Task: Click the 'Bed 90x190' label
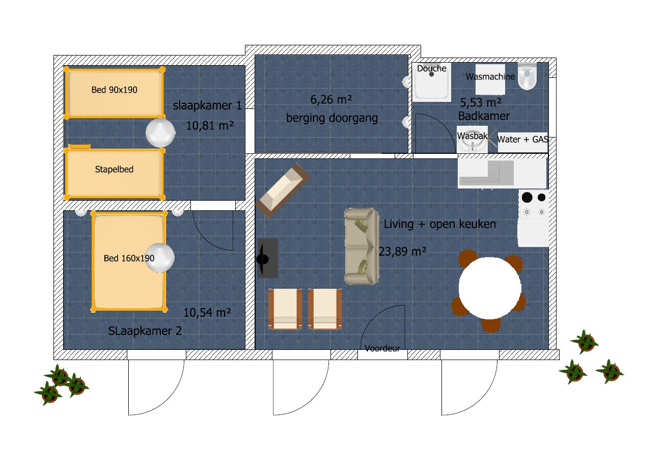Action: click(114, 90)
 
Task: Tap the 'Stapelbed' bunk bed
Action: click(114, 174)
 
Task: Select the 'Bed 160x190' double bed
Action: click(129, 262)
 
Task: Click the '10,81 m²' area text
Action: click(210, 126)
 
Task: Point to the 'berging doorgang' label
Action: click(332, 118)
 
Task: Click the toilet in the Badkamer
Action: click(527, 76)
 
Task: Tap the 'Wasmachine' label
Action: click(490, 76)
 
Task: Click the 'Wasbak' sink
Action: click(473, 140)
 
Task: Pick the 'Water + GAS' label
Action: click(522, 140)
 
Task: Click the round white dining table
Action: click(490, 288)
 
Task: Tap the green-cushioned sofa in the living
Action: click(362, 246)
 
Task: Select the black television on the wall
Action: click(267, 258)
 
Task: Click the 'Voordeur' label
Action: click(382, 348)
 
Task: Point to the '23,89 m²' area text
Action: click(403, 252)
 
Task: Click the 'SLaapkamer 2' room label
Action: click(145, 331)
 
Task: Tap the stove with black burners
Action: click(534, 205)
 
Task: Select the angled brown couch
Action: click(283, 190)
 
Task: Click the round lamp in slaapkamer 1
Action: click(160, 133)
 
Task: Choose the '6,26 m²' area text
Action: click(331, 99)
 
